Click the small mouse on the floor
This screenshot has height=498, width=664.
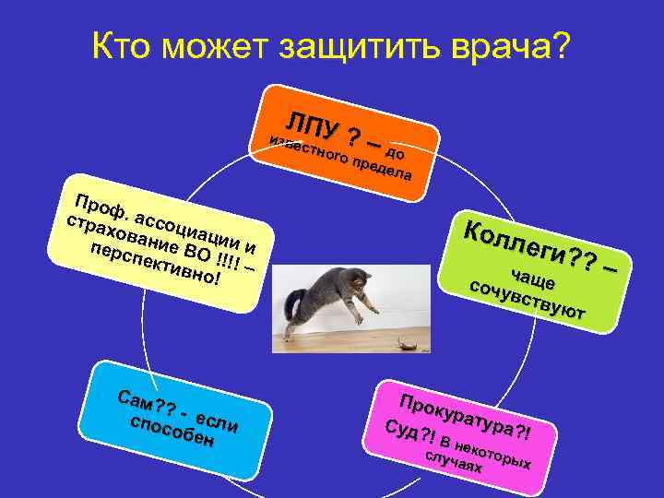(x=406, y=344)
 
